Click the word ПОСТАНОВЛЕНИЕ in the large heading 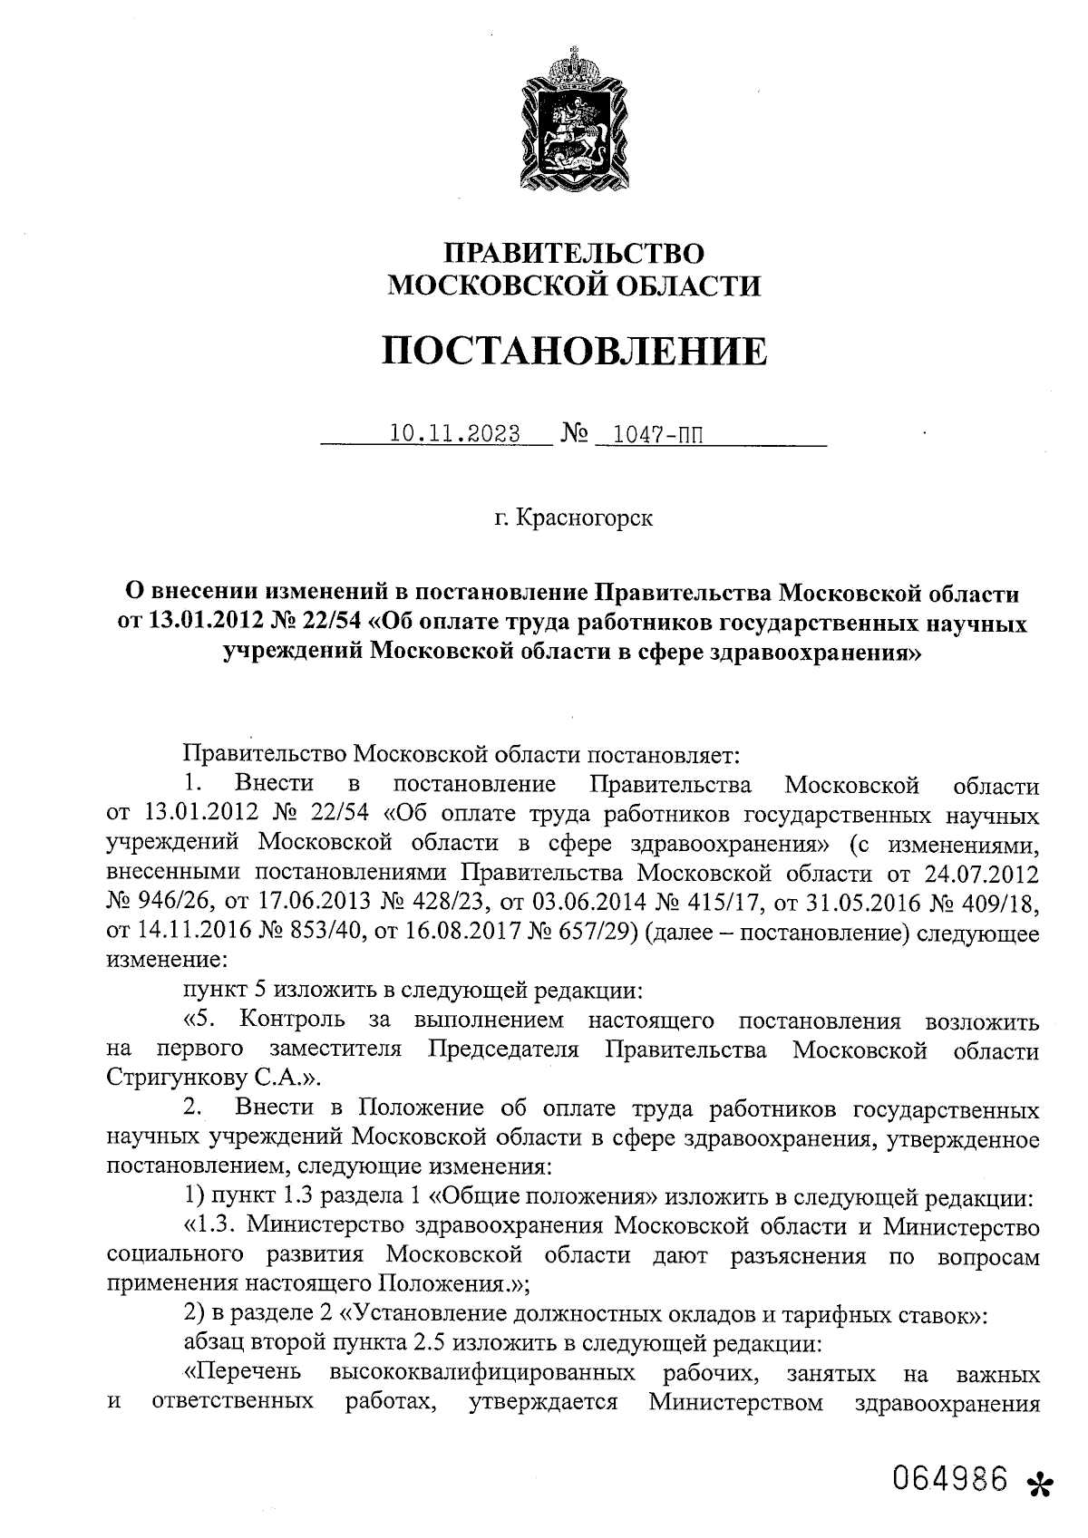click(x=573, y=350)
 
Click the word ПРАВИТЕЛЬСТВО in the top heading click(x=573, y=253)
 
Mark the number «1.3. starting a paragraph click(x=211, y=1226)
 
